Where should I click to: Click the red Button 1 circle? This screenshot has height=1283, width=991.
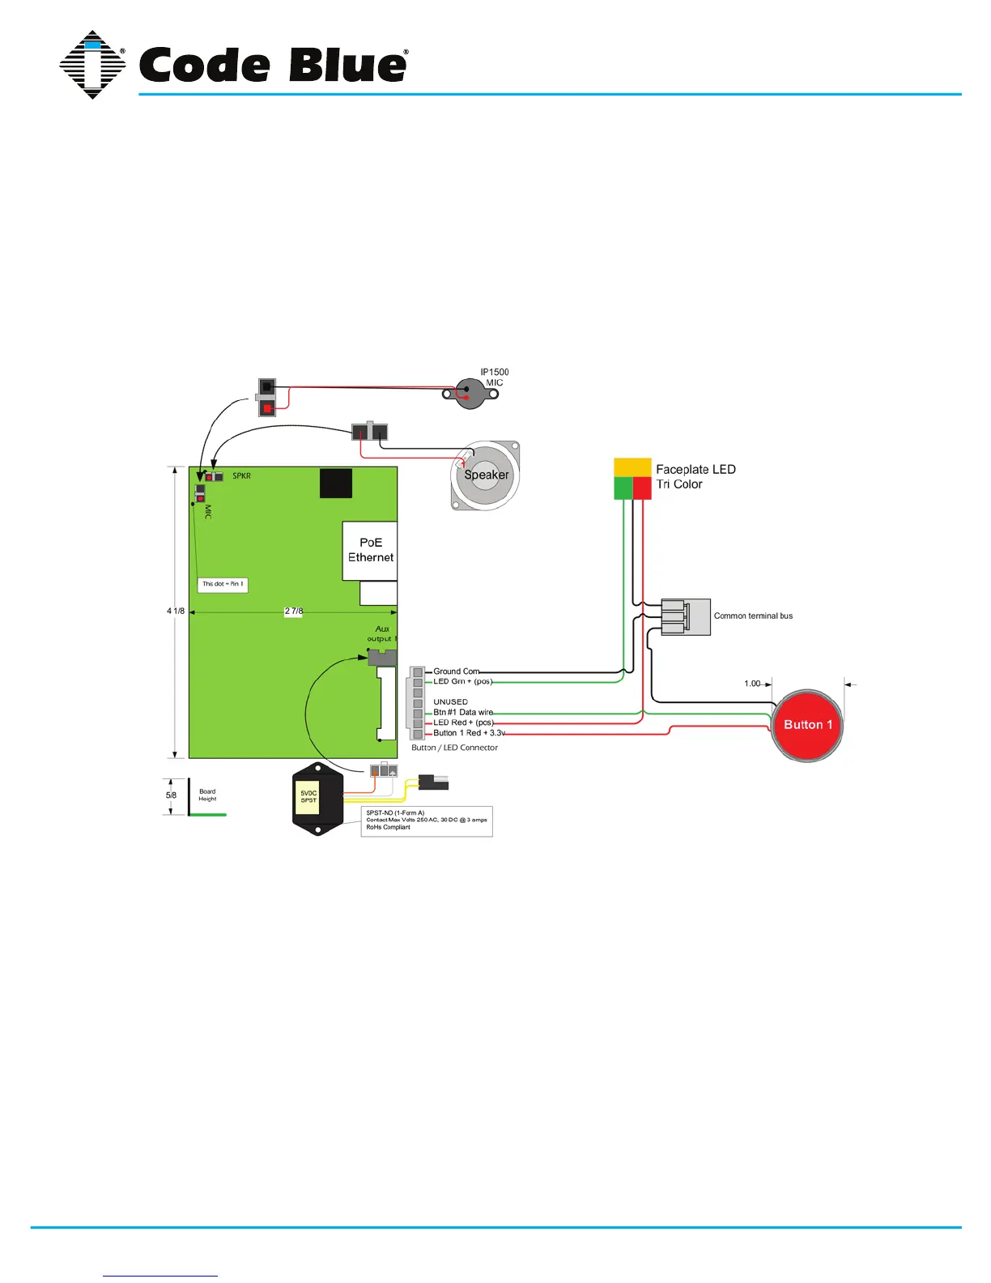pyautogui.click(x=807, y=726)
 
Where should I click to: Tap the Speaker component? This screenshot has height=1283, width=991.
pyautogui.click(x=486, y=475)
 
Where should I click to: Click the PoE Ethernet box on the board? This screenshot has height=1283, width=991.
pyautogui.click(x=370, y=550)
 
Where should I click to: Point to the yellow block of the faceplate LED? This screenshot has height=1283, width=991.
pyautogui.click(x=632, y=467)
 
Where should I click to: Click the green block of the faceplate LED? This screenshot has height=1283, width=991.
pyautogui.click(x=623, y=488)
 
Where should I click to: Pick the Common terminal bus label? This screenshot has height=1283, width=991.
pyautogui.click(x=753, y=616)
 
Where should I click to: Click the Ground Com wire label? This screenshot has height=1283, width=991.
pyautogui.click(x=456, y=671)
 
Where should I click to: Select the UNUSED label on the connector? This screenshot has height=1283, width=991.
pyautogui.click(x=450, y=702)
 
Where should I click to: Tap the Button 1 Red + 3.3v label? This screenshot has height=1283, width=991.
pyautogui.click(x=469, y=733)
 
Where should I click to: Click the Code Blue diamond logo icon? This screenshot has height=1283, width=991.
pyautogui.click(x=92, y=65)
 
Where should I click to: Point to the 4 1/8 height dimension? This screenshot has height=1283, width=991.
pyautogui.click(x=176, y=612)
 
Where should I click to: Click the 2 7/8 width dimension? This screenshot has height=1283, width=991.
pyautogui.click(x=293, y=612)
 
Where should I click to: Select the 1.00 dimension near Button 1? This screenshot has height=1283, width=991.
pyautogui.click(x=752, y=684)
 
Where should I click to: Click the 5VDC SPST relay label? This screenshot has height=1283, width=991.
pyautogui.click(x=308, y=797)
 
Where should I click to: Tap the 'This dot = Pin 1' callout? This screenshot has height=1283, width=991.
pyautogui.click(x=223, y=584)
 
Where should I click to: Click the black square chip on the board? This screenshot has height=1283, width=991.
pyautogui.click(x=336, y=484)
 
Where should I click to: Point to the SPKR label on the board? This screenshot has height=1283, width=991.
pyautogui.click(x=241, y=476)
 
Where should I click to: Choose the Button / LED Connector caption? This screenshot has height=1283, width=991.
pyautogui.click(x=454, y=748)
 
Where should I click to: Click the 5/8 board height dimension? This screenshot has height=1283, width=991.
pyautogui.click(x=171, y=795)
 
